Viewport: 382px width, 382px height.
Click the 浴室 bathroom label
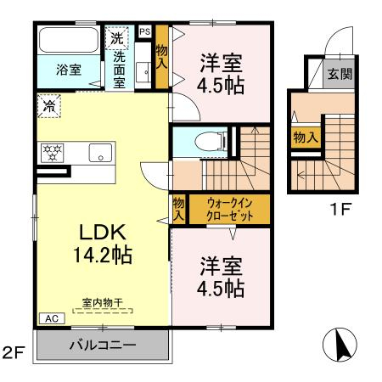click(x=70, y=70)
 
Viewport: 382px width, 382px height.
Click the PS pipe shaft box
click(x=144, y=31)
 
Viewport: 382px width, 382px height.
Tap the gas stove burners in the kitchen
click(x=53, y=154)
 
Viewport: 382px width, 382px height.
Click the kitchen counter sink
click(x=100, y=154)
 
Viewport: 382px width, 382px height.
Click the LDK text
click(x=104, y=233)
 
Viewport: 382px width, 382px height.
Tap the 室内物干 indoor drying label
click(x=102, y=301)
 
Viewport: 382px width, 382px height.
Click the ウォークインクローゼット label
click(x=227, y=209)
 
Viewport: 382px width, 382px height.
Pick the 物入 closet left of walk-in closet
click(x=178, y=208)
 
